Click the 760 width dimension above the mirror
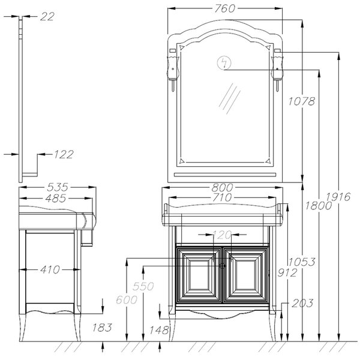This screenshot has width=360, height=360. click(x=225, y=8)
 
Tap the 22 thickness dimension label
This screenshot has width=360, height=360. click(x=47, y=17)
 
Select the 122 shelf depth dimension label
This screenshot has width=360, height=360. click(x=64, y=155)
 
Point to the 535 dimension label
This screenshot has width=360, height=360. click(x=58, y=187)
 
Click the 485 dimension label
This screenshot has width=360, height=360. click(x=56, y=199)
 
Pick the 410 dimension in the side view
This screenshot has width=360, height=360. click(x=50, y=269)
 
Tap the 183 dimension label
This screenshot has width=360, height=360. click(x=102, y=328)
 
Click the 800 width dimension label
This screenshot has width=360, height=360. click(x=222, y=188)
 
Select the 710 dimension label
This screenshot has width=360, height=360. click(x=221, y=197)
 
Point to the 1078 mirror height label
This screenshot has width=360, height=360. click(x=301, y=101)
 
